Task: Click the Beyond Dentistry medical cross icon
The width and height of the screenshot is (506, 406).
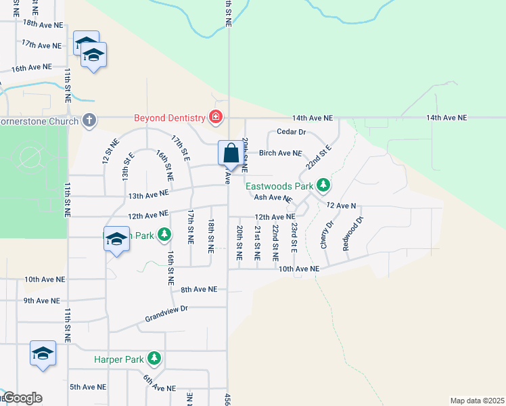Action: tap(216, 118)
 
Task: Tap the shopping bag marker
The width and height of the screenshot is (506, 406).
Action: tap(231, 152)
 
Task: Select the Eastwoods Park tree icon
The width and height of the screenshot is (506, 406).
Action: tap(324, 184)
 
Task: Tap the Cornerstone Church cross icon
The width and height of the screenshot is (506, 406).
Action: tap(89, 120)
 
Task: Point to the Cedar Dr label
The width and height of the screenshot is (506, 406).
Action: tap(292, 132)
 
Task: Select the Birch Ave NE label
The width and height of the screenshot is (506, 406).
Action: tap(280, 153)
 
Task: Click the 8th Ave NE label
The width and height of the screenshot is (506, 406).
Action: tap(198, 289)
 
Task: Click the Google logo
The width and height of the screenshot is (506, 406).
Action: tap(22, 398)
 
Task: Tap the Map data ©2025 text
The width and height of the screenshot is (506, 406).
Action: tap(476, 400)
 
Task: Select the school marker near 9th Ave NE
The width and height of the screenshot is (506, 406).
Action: tap(43, 354)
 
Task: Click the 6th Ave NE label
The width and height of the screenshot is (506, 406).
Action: tap(159, 384)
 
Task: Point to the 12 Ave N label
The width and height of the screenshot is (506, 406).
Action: tap(340, 204)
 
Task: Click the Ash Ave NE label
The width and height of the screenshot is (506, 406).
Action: tap(273, 198)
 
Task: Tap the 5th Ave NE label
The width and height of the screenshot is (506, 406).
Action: tap(88, 387)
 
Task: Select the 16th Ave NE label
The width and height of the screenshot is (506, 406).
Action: tap(31, 68)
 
